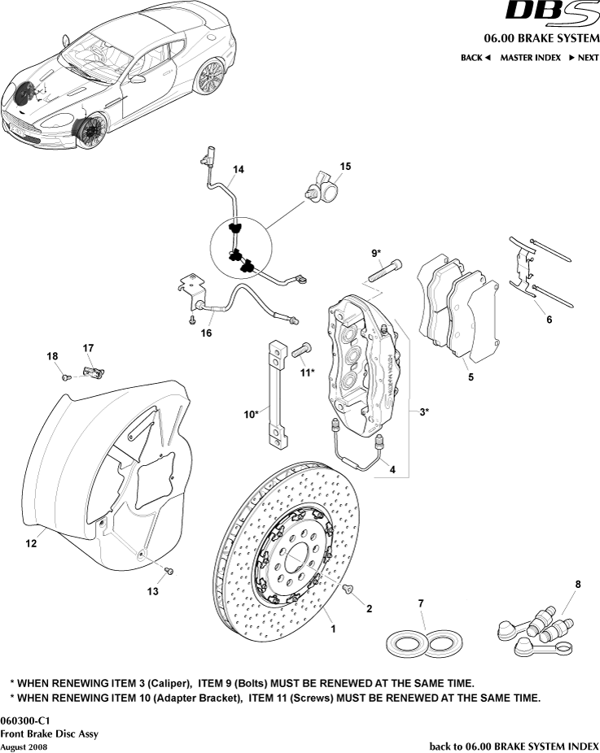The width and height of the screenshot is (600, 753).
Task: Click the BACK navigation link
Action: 475,58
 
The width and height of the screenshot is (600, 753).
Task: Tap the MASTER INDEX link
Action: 530,58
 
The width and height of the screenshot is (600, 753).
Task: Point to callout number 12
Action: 30,544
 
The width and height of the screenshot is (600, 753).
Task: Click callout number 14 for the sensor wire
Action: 238,170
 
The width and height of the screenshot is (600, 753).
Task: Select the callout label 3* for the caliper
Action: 423,412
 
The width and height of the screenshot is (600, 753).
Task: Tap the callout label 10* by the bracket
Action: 251,414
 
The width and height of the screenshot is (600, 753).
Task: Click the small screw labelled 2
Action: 348,588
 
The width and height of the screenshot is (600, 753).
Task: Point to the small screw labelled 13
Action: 169,572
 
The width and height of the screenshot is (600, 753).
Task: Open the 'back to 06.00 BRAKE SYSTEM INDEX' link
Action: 514,746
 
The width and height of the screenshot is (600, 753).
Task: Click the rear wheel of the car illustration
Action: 210,76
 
